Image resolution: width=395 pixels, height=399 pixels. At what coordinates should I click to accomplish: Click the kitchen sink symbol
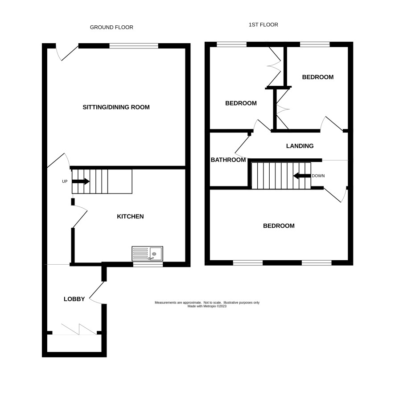point(148,254)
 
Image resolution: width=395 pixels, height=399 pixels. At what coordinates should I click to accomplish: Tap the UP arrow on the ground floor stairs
point(81,181)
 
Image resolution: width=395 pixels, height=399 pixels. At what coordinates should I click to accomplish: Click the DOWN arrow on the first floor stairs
point(302,176)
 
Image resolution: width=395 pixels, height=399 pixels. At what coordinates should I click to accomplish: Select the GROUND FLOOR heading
point(111,27)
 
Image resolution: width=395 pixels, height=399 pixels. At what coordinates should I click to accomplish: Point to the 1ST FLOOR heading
point(263,24)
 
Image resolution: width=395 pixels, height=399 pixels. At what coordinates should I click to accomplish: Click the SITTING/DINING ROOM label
point(116,107)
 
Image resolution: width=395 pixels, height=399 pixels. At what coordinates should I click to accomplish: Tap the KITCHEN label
point(130,216)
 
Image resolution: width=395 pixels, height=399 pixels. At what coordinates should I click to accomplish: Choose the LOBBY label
point(74,299)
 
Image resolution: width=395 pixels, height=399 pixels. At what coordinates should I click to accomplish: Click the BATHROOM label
point(228,160)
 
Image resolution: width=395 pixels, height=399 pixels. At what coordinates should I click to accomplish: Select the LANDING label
point(300,146)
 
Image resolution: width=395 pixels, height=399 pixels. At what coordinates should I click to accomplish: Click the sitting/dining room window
point(134,46)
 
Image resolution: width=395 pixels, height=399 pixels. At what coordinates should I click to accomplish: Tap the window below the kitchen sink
point(148,265)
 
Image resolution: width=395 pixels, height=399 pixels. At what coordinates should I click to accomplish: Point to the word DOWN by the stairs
point(318,176)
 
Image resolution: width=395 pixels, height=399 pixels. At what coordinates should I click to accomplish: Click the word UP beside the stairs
point(65,181)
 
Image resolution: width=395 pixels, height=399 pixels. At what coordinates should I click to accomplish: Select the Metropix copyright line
point(207,306)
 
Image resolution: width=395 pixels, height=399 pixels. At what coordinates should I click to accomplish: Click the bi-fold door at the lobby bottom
point(75,330)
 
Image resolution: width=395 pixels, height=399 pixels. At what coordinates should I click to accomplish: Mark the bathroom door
point(242,146)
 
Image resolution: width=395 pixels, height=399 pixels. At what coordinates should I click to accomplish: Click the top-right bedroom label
point(318,77)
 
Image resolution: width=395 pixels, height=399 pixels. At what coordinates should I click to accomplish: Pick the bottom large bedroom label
point(279,226)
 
